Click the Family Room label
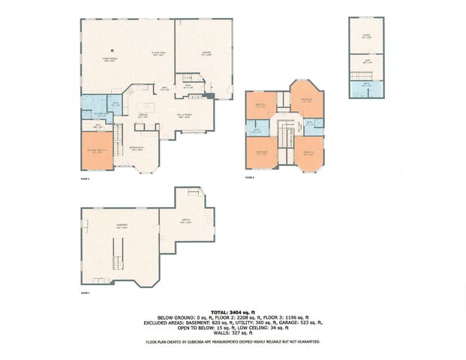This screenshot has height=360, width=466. (110, 58)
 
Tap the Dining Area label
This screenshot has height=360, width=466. (158, 52)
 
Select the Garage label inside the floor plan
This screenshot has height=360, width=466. (206, 53)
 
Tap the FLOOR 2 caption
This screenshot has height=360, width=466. (85, 178)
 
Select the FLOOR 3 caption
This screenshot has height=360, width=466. (250, 178)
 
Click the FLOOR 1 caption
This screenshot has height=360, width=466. (85, 292)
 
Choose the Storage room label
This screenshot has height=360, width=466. (366, 34)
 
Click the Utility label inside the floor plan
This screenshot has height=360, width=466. (186, 221)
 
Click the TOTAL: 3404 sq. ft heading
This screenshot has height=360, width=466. (233, 310)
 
